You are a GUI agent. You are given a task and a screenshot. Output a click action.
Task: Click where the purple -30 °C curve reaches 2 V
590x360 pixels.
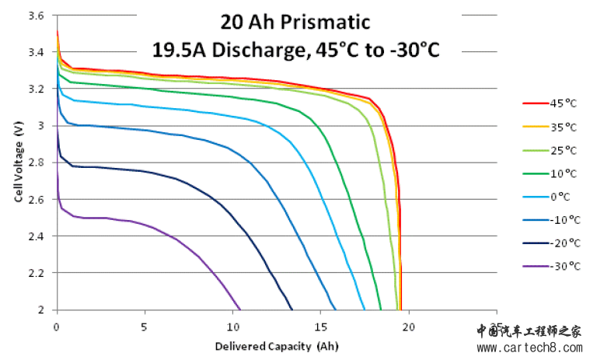tap(240, 309)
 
